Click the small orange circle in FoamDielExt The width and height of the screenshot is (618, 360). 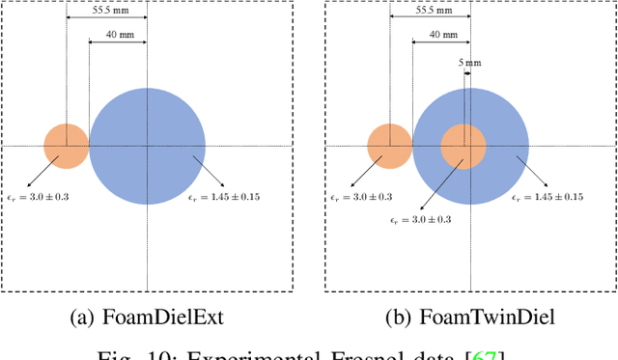[x=66, y=147]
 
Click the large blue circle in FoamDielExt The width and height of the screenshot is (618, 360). [x=147, y=147]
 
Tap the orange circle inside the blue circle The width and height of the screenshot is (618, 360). [x=463, y=147]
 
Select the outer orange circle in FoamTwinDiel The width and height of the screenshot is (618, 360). [x=389, y=147]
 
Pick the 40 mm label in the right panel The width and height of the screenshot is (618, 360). [x=441, y=35]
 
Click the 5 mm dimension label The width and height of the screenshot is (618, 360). [x=468, y=63]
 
